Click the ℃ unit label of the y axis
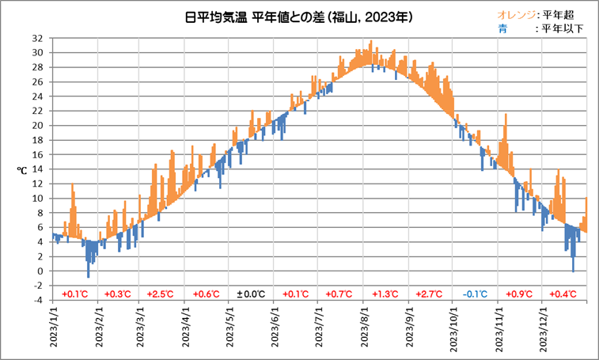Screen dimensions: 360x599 [23, 169]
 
